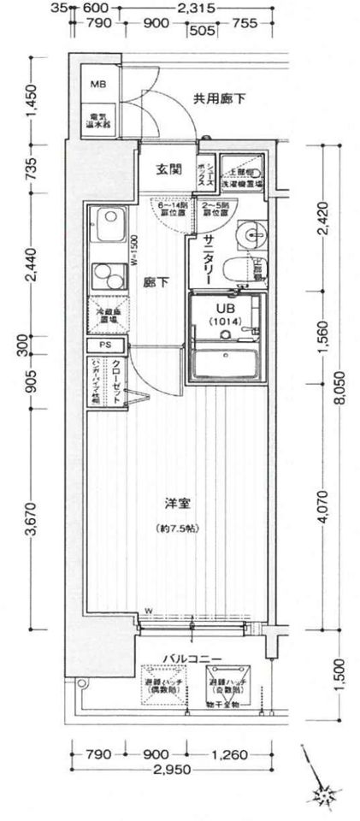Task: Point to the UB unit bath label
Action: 225,310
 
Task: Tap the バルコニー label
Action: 193,659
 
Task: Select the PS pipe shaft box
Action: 105,346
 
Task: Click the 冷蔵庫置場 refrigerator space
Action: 107,316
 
